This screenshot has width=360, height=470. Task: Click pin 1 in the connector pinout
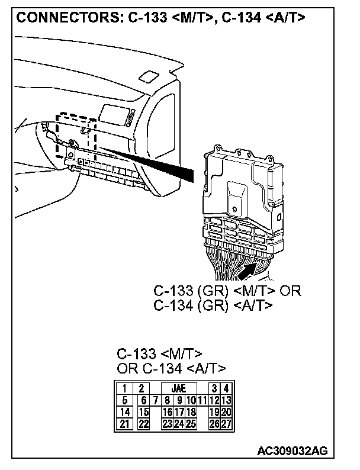click(126, 389)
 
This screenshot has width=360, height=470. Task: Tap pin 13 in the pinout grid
click(226, 401)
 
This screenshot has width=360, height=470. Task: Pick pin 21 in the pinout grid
click(126, 423)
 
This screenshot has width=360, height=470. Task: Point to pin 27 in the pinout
click(226, 423)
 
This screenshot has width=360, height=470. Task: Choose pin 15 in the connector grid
click(143, 412)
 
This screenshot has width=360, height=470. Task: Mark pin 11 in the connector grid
click(202, 401)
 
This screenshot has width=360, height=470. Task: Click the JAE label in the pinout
click(178, 389)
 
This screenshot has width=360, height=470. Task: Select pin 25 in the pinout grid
click(191, 423)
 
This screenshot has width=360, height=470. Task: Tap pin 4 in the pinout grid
click(226, 389)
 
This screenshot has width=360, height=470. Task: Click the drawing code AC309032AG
click(292, 451)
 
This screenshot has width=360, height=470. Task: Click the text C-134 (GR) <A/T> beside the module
click(213, 305)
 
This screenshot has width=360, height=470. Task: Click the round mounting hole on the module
click(234, 209)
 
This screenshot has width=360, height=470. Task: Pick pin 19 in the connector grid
click(214, 412)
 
